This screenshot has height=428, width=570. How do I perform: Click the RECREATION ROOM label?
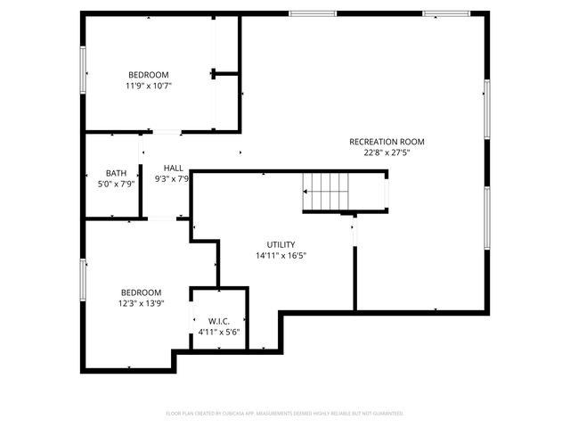point(387,142)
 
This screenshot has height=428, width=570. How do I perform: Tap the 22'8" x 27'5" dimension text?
point(387,152)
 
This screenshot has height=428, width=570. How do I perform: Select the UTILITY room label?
point(281,244)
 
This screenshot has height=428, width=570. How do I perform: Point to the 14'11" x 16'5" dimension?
point(281,255)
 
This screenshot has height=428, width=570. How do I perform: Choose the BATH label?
point(116,173)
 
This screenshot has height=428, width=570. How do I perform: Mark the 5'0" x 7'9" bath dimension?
point(116,184)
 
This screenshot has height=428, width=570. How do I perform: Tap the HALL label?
point(174,168)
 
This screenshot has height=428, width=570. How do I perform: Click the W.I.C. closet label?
point(219,321)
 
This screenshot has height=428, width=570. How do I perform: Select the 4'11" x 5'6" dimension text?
point(219,333)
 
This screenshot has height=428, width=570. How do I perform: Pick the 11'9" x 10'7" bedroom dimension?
point(148,86)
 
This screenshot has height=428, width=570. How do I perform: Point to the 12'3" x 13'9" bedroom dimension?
point(142,303)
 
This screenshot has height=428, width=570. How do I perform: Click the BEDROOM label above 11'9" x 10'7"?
point(148,75)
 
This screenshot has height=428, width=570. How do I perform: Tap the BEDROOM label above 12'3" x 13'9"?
point(142,292)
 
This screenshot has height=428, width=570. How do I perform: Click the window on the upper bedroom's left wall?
point(84,68)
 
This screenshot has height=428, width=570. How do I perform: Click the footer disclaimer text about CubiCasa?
point(285,413)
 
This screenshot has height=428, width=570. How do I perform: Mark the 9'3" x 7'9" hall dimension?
point(174,178)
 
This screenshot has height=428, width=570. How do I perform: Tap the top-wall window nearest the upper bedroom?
point(313,13)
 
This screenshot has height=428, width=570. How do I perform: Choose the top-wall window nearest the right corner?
point(447,13)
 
